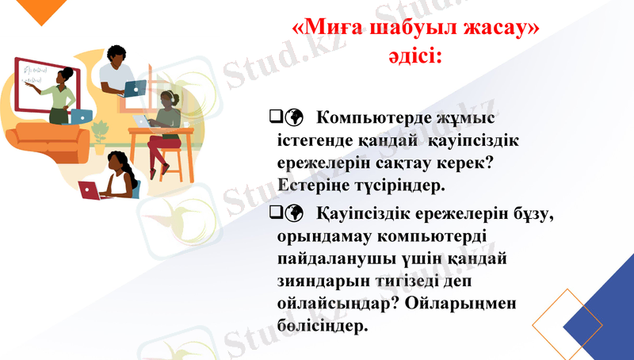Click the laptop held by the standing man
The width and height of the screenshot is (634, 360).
tap(136, 87)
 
